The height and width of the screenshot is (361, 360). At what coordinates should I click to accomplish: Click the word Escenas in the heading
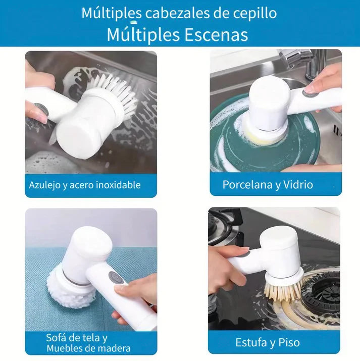(x=217, y=35)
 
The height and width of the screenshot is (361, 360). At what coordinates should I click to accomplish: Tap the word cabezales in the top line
(x=177, y=13)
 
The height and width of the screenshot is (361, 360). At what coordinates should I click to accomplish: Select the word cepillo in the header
(x=255, y=14)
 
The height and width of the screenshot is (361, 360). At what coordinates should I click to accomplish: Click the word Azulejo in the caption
(x=44, y=185)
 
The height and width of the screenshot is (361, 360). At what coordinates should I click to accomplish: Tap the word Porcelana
(x=248, y=184)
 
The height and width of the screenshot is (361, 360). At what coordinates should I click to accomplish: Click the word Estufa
(x=251, y=343)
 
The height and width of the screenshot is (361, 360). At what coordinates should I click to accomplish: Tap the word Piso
(x=289, y=343)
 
